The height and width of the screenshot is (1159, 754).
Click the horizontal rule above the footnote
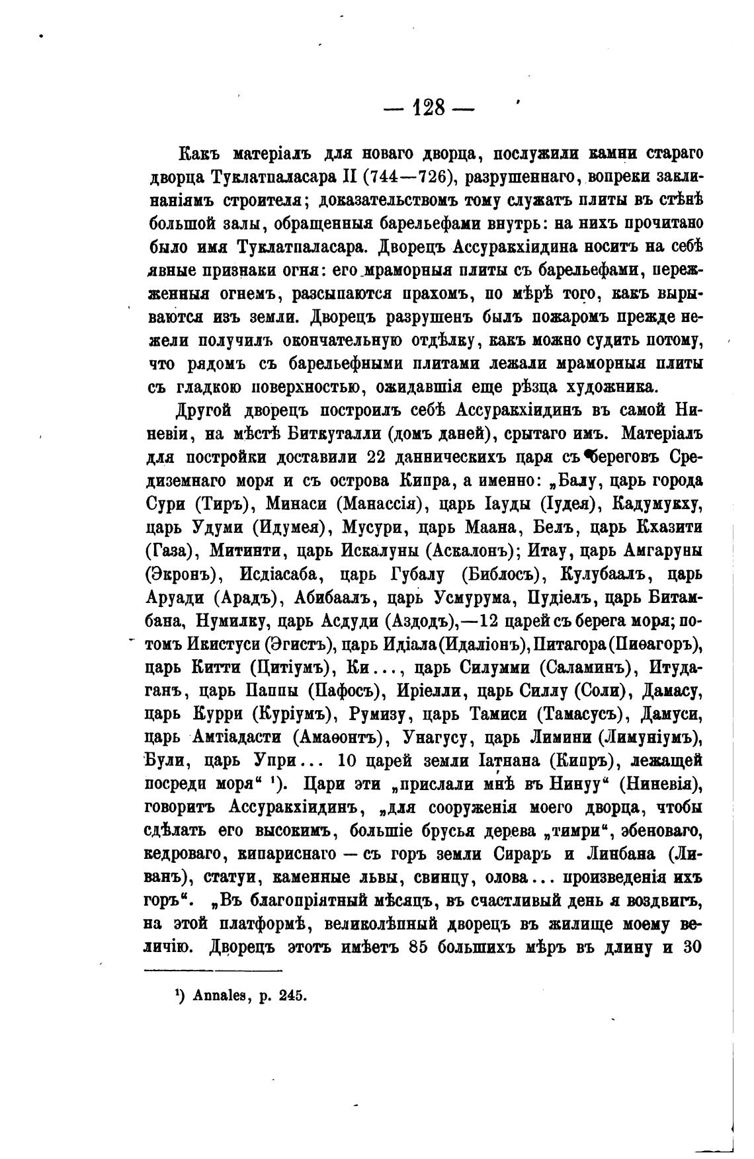tap(213, 971)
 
